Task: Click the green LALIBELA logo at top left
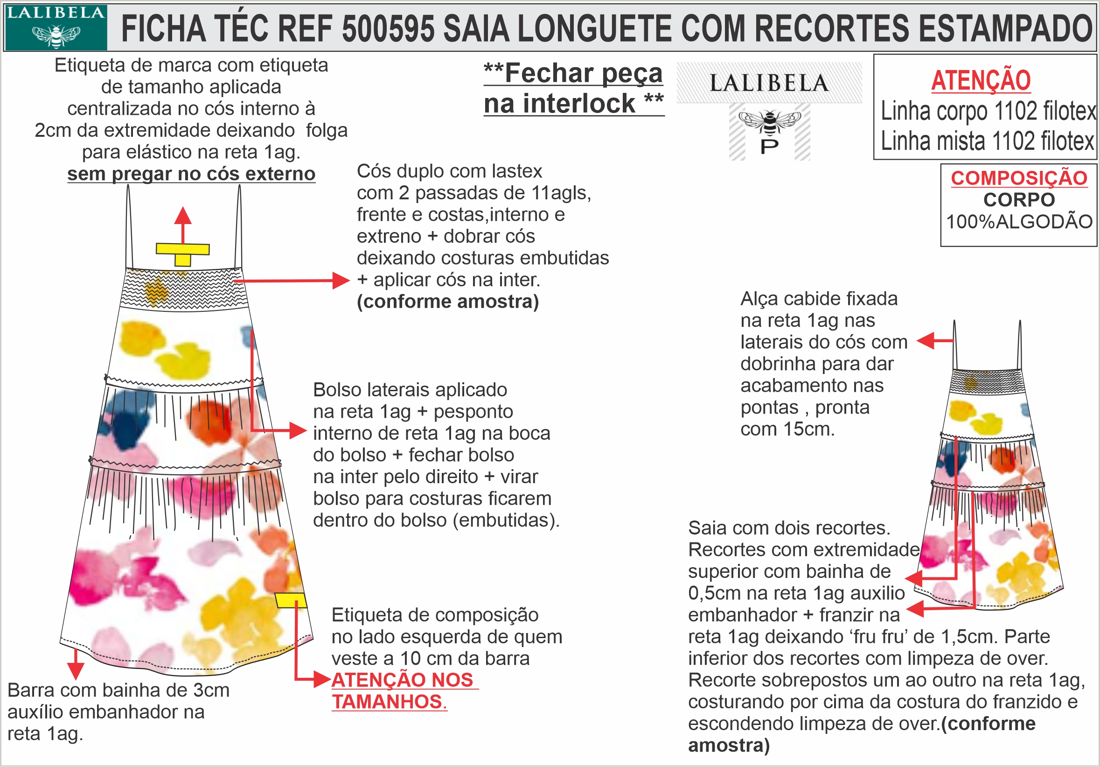(56, 27)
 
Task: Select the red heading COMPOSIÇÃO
(1019, 178)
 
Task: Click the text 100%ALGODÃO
(1019, 221)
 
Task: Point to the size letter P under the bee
(769, 146)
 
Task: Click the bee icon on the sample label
(769, 121)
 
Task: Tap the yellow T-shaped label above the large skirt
(182, 253)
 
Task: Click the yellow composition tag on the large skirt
(290, 600)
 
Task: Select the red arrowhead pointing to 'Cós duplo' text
(341, 281)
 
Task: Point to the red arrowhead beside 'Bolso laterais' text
(298, 430)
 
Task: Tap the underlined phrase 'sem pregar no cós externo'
(191, 174)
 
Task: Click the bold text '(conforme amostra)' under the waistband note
(448, 302)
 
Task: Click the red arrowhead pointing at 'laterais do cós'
(926, 341)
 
